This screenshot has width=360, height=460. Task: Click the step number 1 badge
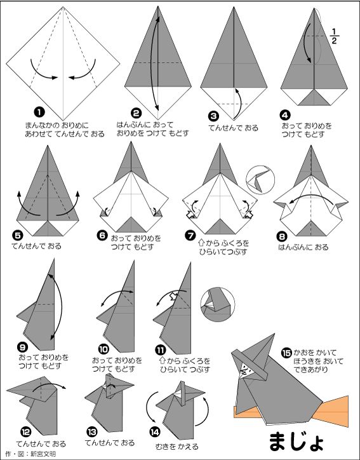(39, 112)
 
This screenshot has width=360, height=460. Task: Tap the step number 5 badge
(18, 235)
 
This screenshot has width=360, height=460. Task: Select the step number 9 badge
(23, 348)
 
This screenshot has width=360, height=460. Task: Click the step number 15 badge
(286, 353)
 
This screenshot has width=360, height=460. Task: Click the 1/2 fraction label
(334, 36)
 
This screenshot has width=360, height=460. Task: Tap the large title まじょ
(296, 441)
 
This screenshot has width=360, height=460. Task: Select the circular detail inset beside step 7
(260, 180)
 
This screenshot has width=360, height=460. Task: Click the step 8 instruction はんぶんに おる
(303, 247)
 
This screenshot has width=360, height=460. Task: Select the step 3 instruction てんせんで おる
(234, 128)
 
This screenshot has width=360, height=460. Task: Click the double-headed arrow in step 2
(155, 64)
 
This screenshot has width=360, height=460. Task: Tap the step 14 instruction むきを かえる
(177, 447)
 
